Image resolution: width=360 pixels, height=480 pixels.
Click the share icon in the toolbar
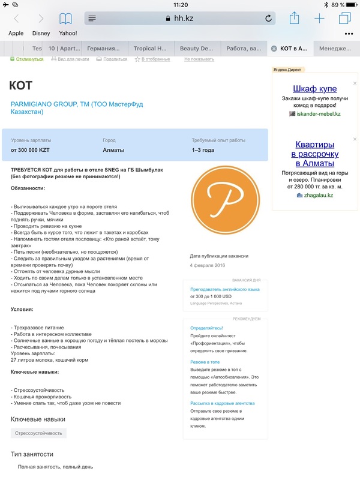pos(294,19)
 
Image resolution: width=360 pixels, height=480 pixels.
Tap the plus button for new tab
pos(319,19)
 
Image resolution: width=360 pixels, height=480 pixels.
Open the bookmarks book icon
pos(65,19)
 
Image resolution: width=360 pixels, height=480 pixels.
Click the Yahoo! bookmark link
pos(68,34)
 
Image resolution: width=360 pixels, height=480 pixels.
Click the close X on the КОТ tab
pos(274,48)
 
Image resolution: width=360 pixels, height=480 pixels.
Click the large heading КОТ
pos(22,86)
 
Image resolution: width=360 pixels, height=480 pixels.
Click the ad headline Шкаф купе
pos(315,89)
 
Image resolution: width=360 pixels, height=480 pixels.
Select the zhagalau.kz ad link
pos(319,195)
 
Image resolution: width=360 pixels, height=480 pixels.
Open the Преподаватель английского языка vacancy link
pos(225,289)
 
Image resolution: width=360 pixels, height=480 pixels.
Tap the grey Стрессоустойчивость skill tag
pos(38,433)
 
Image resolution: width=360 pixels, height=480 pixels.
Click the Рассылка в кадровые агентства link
pos(223,403)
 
